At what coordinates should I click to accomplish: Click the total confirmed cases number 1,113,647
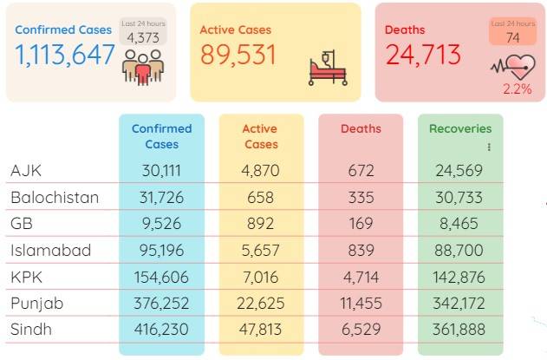click(x=65, y=55)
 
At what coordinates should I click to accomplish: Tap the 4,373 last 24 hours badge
click(x=143, y=31)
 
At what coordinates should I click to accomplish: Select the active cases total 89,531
click(x=238, y=55)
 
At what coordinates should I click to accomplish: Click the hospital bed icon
click(x=328, y=68)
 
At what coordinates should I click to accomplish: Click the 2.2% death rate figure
click(x=518, y=89)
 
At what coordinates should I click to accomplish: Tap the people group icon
click(x=143, y=68)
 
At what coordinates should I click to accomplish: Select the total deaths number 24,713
click(x=423, y=55)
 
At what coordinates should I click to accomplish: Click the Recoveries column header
click(x=460, y=128)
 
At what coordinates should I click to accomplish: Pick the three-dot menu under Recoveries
click(x=489, y=147)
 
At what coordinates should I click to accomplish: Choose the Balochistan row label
click(x=55, y=198)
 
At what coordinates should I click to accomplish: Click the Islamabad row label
click(x=51, y=251)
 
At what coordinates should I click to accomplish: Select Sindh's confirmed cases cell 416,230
click(x=161, y=330)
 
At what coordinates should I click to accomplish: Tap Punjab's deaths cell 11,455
click(x=361, y=303)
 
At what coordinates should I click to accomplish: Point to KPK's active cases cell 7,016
click(x=261, y=278)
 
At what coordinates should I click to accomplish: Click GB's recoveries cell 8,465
click(x=459, y=224)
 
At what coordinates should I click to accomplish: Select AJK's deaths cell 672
click(x=361, y=171)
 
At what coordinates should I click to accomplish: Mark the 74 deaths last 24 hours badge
click(x=513, y=31)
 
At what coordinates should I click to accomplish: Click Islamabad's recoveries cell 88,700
click(x=459, y=251)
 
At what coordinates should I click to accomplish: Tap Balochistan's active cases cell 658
click(x=261, y=198)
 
